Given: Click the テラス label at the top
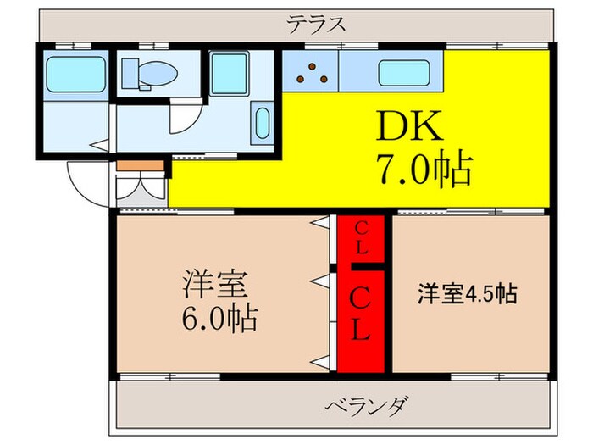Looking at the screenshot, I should click(316, 24).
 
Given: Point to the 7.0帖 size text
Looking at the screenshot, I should click(424, 172).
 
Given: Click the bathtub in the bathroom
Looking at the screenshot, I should click(76, 74).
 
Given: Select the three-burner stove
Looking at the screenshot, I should click(311, 73).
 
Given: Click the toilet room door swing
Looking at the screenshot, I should click(185, 119).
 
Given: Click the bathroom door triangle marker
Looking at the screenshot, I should click(101, 145).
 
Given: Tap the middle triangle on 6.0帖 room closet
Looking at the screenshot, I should click(320, 278).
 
